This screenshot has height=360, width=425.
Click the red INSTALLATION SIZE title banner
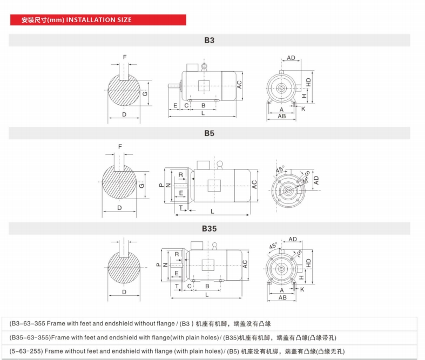[97, 20]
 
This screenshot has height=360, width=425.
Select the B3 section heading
[209, 40]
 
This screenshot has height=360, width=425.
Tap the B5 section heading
[209, 133]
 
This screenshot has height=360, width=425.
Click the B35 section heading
[209, 228]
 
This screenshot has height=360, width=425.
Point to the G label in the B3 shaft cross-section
[145, 93]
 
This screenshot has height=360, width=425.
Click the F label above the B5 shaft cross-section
[120, 146]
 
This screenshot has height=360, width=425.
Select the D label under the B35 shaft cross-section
[124, 291]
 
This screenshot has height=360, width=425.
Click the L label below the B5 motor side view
[212, 210]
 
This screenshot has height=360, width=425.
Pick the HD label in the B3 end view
[308, 83]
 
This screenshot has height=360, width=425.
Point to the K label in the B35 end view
[302, 289]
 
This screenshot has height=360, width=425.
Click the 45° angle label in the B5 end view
[280, 168]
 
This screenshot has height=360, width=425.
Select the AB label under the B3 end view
[281, 116]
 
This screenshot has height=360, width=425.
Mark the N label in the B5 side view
[168, 185]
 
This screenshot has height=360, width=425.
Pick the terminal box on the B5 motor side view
[204, 165]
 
